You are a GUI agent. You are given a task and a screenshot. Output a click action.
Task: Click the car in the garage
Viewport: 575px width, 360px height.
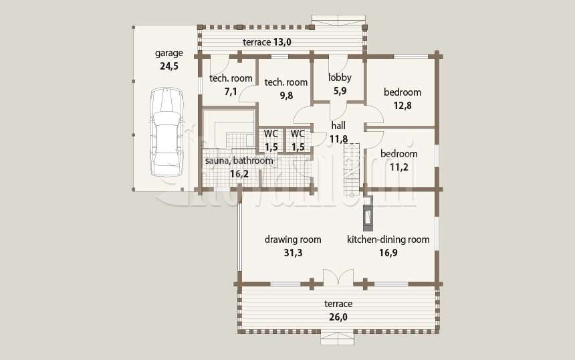click(166, 132)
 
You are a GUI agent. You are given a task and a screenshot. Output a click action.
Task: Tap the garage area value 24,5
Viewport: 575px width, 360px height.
click(169, 66)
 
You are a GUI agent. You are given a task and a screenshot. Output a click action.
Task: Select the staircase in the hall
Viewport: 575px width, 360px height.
click(352, 169)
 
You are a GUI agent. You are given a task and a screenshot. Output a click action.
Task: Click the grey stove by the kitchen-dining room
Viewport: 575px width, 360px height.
click(368, 213)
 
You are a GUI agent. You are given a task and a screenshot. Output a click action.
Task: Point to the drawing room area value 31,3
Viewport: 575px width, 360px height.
click(293, 253)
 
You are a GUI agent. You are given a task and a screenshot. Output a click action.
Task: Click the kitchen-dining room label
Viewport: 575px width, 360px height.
click(388, 240)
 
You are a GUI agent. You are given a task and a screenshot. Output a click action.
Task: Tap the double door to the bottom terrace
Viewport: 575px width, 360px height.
click(338, 277)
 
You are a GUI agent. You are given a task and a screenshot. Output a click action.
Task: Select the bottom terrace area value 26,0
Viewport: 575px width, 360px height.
click(338, 317)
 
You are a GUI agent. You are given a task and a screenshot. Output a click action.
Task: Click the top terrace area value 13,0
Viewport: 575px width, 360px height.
click(281, 42)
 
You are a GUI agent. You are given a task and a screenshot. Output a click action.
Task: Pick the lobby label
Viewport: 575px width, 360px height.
click(340, 78)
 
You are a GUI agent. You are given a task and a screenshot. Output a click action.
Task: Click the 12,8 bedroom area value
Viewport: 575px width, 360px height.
click(402, 106)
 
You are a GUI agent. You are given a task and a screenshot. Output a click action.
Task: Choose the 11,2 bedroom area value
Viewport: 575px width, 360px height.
click(398, 167)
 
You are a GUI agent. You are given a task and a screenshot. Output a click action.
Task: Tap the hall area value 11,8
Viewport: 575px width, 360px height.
click(338, 139)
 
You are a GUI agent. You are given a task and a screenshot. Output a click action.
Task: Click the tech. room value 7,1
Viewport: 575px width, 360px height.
click(231, 92)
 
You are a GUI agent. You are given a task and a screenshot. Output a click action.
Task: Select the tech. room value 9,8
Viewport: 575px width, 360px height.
click(286, 96)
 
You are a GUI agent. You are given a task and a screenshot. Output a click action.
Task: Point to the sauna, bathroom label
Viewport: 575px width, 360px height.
click(239, 161)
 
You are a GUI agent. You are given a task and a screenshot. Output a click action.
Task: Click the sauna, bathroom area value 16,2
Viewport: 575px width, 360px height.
click(239, 174)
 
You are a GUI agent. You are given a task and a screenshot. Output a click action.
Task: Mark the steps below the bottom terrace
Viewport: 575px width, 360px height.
click(338, 339)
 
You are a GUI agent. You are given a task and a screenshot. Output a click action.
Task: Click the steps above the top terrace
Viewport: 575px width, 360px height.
click(338, 21)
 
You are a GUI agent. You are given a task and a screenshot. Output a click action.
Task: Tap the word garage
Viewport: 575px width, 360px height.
click(169, 54)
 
